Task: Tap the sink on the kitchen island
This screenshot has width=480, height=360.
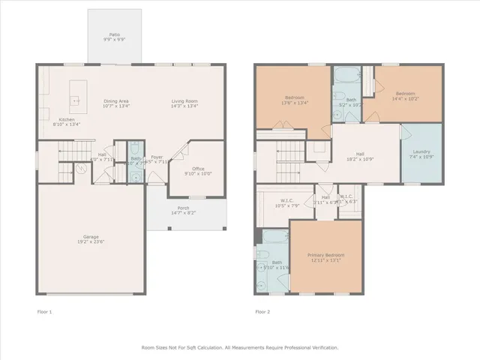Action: [x=75, y=99]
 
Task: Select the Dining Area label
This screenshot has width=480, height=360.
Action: [x=115, y=101]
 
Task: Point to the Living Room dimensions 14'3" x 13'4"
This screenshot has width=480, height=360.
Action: [x=184, y=106]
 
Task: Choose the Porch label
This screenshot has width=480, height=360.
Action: [x=183, y=208]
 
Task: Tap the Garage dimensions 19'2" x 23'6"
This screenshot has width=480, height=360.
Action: [x=89, y=243]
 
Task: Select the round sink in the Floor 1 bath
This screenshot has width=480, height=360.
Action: [x=134, y=177]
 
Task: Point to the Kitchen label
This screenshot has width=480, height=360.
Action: [x=67, y=119]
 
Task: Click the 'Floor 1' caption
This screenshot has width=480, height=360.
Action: [x=45, y=311]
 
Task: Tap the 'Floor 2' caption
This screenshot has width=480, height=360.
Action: [x=262, y=311]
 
